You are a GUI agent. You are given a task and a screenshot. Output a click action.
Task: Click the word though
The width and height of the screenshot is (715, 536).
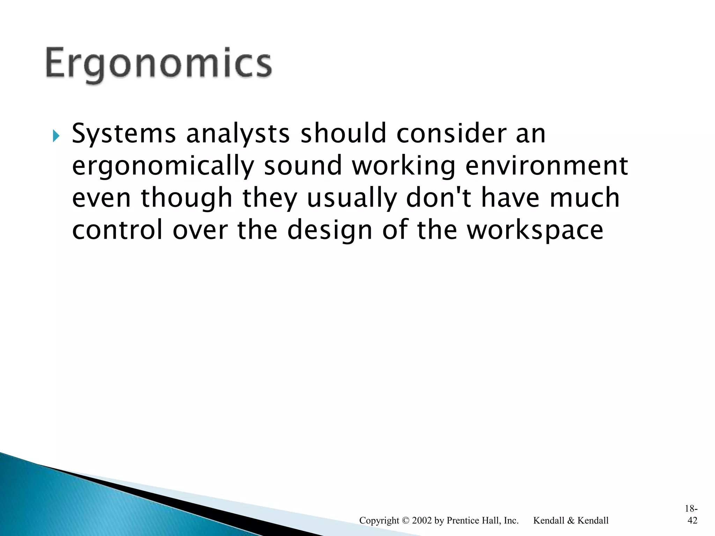point(186,198)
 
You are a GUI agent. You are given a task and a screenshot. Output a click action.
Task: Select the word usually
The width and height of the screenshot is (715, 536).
point(352,198)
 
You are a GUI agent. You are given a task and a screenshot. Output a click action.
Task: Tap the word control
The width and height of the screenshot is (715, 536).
point(117,230)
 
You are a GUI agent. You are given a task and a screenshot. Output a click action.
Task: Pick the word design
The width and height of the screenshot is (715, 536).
point(330,230)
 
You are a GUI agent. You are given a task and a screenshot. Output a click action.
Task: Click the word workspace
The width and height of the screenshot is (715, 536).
point(535,230)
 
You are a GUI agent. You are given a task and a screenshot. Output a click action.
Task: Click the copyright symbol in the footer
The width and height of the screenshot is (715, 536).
point(406,521)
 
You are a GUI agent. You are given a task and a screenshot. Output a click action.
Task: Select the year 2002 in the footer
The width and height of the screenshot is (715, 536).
point(422,521)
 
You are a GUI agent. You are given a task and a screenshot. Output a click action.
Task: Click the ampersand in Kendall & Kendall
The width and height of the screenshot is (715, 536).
point(570,521)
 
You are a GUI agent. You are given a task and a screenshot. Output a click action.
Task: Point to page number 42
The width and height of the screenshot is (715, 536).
point(692,521)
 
